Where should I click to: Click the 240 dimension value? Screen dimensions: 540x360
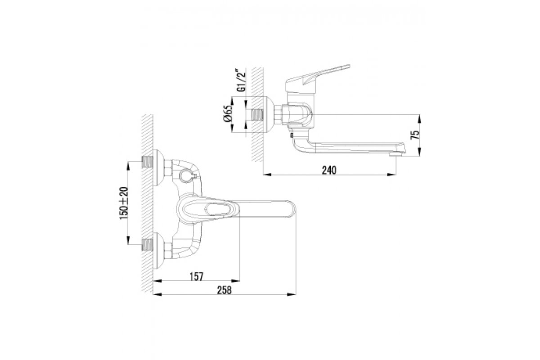329,170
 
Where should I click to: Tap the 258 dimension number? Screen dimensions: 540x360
224,290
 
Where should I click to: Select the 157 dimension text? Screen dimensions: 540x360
197,277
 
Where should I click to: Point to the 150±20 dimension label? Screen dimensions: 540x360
124,203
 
